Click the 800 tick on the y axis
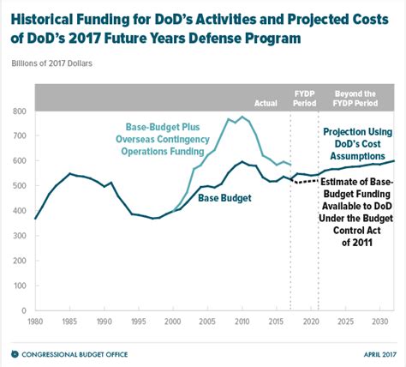click(x=19, y=111)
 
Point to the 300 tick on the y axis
click(x=19, y=235)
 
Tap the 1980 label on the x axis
click(x=35, y=322)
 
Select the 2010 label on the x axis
click(x=243, y=322)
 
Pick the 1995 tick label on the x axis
click(x=139, y=322)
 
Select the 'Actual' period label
click(x=266, y=103)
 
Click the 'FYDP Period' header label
click(x=304, y=99)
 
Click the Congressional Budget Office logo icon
click(x=14, y=353)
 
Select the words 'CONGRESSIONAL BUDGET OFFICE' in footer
click(x=70, y=353)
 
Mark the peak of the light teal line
click(x=242, y=117)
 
